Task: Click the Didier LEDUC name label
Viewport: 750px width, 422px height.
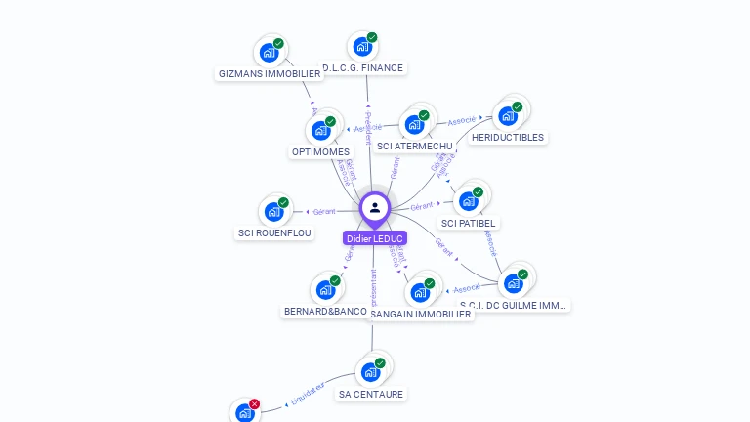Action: click(x=375, y=238)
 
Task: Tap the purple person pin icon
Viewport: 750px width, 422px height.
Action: click(x=375, y=208)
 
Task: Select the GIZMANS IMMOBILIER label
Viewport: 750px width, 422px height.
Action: click(x=270, y=73)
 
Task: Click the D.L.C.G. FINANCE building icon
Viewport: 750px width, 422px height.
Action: click(x=362, y=46)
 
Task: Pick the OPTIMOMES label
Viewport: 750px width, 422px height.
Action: click(x=320, y=151)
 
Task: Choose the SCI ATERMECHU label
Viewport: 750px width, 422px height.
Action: click(x=415, y=147)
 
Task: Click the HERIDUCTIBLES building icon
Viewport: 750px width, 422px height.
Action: click(x=507, y=116)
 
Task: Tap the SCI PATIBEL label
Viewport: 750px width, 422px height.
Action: click(x=469, y=223)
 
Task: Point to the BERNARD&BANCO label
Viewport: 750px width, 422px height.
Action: click(x=325, y=311)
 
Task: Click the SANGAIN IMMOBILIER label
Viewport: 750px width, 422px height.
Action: click(x=421, y=315)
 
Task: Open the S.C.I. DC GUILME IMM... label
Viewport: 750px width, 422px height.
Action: click(x=513, y=305)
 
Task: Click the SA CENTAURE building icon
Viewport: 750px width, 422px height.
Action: click(x=370, y=372)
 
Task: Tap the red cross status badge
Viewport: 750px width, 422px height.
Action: click(x=255, y=403)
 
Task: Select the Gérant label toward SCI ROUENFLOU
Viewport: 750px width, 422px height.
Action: click(x=324, y=211)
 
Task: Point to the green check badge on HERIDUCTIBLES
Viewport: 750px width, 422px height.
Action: click(x=518, y=106)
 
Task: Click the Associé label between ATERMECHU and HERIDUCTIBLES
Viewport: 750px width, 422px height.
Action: click(x=462, y=121)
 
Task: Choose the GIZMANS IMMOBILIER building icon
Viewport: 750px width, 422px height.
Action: click(x=269, y=53)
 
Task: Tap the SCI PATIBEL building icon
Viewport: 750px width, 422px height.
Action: click(x=468, y=201)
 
